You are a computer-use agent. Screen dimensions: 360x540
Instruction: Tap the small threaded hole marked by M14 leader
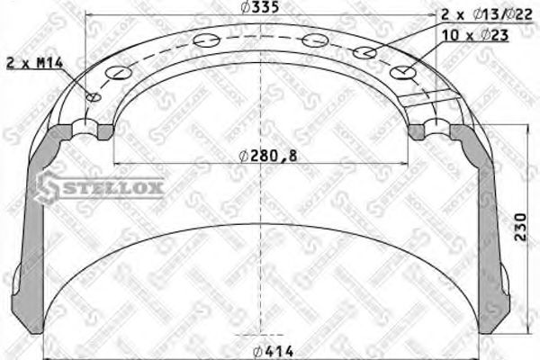tap(91, 97)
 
